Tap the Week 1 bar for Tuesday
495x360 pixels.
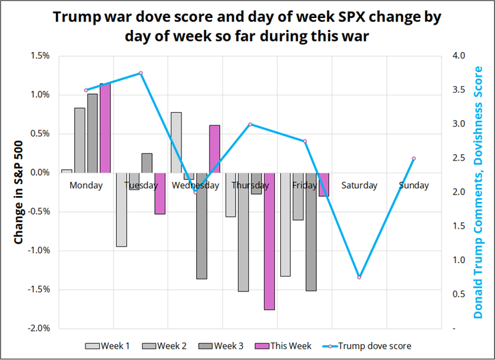pyautogui.click(x=121, y=209)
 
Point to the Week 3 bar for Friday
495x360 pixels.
pyautogui.click(x=311, y=231)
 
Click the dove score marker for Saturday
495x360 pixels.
pyautogui.click(x=359, y=277)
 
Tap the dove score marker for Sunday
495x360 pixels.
pyautogui.click(x=414, y=159)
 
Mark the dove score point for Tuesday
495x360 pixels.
pyautogui.click(x=141, y=73)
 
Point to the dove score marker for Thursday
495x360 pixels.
pyautogui.click(x=250, y=124)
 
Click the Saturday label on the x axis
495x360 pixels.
pyautogui.click(x=359, y=185)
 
